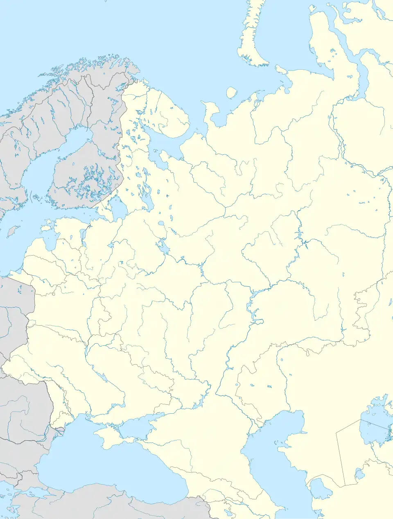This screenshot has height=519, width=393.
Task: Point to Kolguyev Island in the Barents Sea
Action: tap(232, 93)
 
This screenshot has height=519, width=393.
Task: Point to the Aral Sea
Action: tap(375, 426)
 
